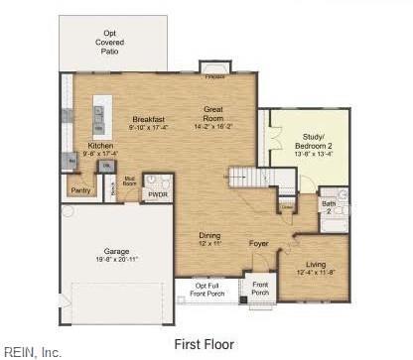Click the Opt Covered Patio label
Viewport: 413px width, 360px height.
point(109,44)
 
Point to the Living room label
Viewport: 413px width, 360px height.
point(317,267)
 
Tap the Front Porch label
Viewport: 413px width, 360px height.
point(260,289)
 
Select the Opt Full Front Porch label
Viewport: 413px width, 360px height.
point(209,289)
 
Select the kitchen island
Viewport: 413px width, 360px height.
point(99,117)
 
